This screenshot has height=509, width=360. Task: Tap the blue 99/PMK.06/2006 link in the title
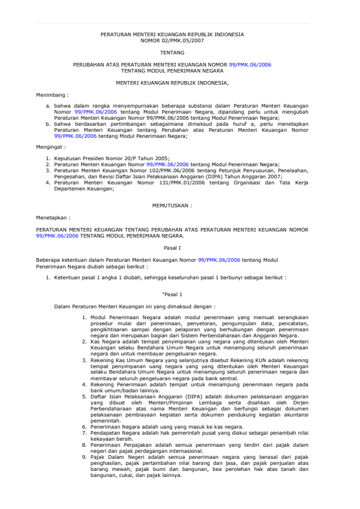click(250, 63)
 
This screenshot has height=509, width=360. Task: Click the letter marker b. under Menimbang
click(48, 123)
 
